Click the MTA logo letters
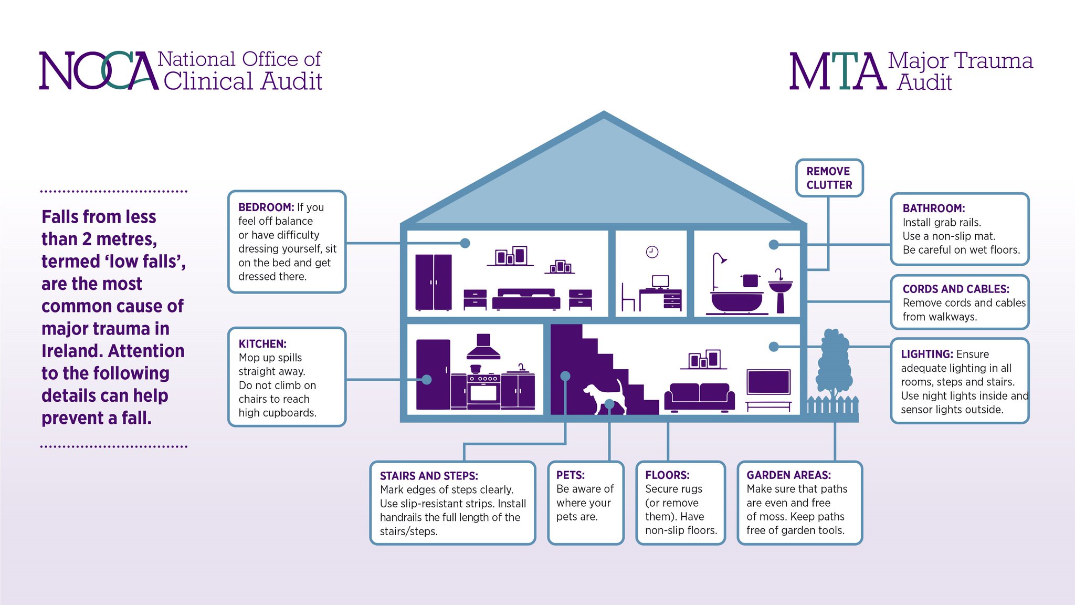(x=837, y=71)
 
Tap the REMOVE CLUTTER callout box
(x=829, y=178)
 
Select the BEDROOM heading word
(x=266, y=207)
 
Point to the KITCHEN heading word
(x=262, y=344)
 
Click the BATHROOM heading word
(x=934, y=208)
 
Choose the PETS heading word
(x=571, y=475)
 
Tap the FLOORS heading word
(x=667, y=475)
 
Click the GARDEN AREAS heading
(x=788, y=475)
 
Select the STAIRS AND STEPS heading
(x=429, y=476)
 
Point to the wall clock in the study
(x=652, y=252)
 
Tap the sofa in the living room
(x=699, y=398)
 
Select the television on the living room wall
(x=768, y=382)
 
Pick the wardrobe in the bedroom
(x=433, y=282)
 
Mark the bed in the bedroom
(x=526, y=299)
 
